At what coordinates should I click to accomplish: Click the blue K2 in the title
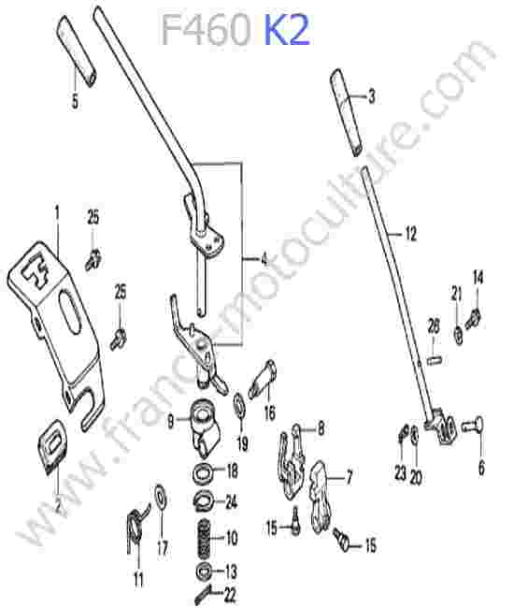click(x=287, y=30)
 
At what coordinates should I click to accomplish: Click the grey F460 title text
click(x=206, y=30)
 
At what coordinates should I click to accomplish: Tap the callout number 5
click(x=75, y=102)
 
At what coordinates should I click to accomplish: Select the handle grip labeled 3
click(x=347, y=112)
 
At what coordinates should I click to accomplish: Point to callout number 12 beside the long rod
click(x=410, y=234)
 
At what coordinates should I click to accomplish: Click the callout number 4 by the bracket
click(x=264, y=259)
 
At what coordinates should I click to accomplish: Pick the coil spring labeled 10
click(x=204, y=539)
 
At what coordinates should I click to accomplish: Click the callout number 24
click(x=231, y=502)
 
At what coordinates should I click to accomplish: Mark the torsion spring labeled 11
click(x=136, y=528)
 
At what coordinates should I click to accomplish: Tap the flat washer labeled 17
click(x=161, y=495)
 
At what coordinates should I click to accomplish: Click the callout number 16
click(x=269, y=413)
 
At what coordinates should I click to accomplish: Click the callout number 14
click(x=478, y=278)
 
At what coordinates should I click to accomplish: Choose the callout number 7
click(x=349, y=478)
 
